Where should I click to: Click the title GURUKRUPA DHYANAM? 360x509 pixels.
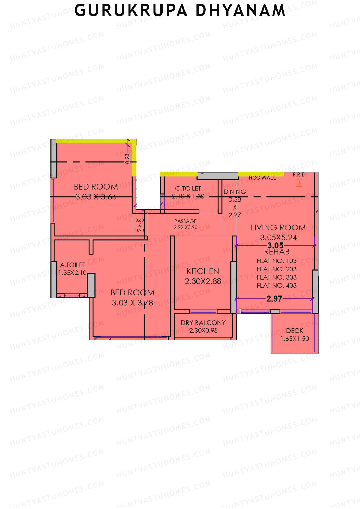(x=180, y=11)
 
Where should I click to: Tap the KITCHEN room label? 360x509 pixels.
(x=203, y=271)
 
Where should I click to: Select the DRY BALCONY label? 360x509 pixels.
(x=203, y=323)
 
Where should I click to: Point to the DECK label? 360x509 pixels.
(x=295, y=331)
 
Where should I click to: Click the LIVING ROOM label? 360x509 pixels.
(x=278, y=228)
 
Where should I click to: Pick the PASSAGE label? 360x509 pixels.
(x=185, y=221)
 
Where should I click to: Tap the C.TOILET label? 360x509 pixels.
(x=188, y=188)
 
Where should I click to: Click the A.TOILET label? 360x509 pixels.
(x=73, y=265)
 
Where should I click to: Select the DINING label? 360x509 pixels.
(x=235, y=192)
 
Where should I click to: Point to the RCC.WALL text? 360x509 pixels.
(x=262, y=178)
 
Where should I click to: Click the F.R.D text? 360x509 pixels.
(x=299, y=175)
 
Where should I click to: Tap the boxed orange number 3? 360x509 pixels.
(x=299, y=183)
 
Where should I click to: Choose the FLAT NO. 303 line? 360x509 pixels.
(x=277, y=277)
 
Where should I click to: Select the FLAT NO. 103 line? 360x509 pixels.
(x=277, y=261)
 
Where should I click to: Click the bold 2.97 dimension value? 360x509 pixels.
(x=274, y=299)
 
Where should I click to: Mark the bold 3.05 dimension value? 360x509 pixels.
(x=275, y=246)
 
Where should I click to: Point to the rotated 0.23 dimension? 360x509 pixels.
(x=127, y=158)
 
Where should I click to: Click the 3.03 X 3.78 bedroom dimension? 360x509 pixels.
(x=132, y=303)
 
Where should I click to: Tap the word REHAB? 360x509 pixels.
(x=277, y=252)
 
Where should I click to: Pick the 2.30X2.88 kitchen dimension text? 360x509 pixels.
(x=203, y=281)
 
